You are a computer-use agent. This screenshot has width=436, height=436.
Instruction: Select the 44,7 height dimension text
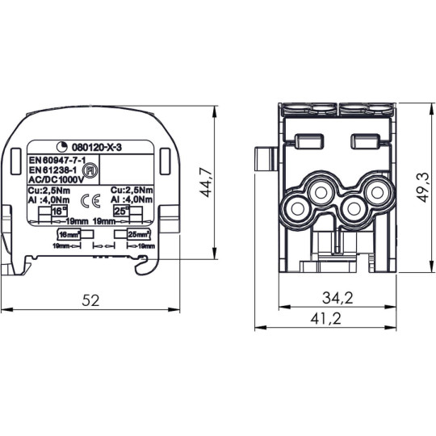(x=209, y=183)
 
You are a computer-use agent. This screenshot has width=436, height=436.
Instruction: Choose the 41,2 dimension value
(x=325, y=319)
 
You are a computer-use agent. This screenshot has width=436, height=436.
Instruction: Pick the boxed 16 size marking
(x=58, y=210)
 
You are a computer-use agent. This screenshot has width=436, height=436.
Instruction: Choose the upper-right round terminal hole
(x=375, y=191)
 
